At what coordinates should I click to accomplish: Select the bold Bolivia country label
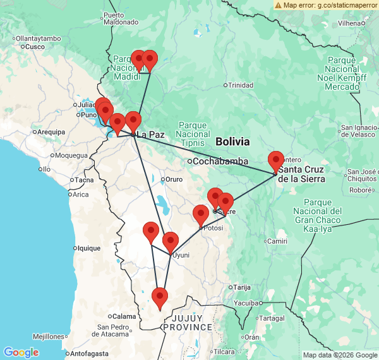(232, 141)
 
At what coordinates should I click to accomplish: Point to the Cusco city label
(35, 47)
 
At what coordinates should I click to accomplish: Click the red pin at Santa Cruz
(275, 162)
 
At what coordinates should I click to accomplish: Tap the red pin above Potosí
(201, 215)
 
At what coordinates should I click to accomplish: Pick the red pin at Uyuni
(171, 243)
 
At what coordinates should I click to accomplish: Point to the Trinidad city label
(241, 85)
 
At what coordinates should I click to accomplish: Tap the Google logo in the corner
(21, 352)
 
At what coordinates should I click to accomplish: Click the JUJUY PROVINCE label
(187, 323)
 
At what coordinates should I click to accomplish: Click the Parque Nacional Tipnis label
(194, 134)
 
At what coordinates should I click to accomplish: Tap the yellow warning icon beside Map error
(279, 4)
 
